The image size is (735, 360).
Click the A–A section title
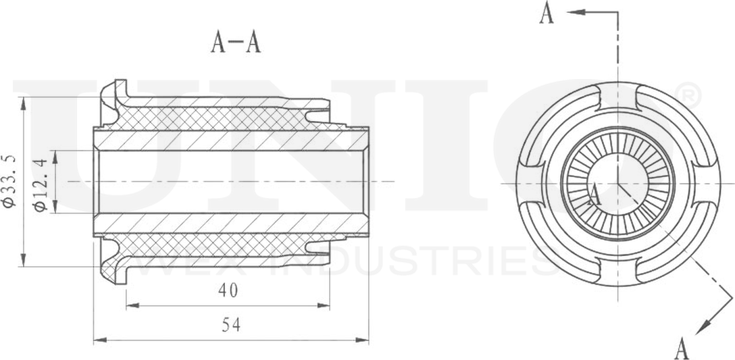(x=236, y=43)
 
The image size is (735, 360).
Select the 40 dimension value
(x=228, y=290)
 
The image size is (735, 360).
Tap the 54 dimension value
(x=231, y=326)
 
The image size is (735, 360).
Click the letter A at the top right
(x=547, y=14)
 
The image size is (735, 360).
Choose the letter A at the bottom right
(x=682, y=349)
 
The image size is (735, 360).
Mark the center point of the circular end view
(x=617, y=183)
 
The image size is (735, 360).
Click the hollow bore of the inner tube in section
(x=230, y=182)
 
